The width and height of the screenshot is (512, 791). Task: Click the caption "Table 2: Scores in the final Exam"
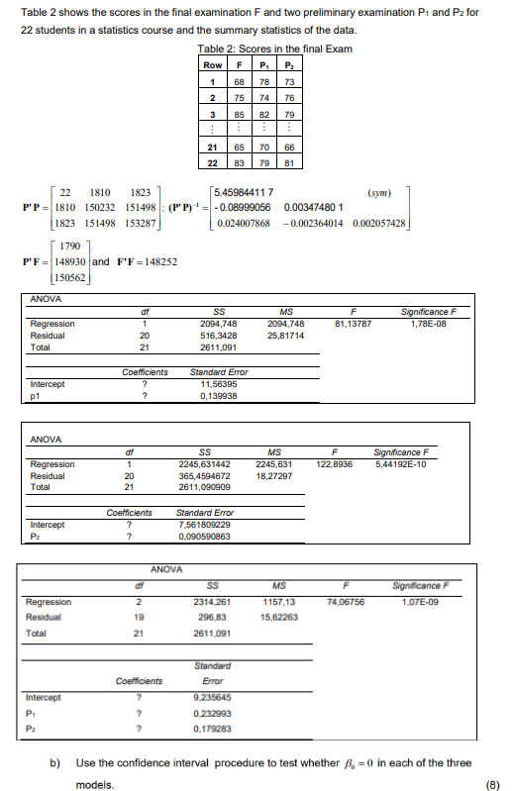262,49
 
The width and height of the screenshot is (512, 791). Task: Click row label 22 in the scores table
212,162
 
